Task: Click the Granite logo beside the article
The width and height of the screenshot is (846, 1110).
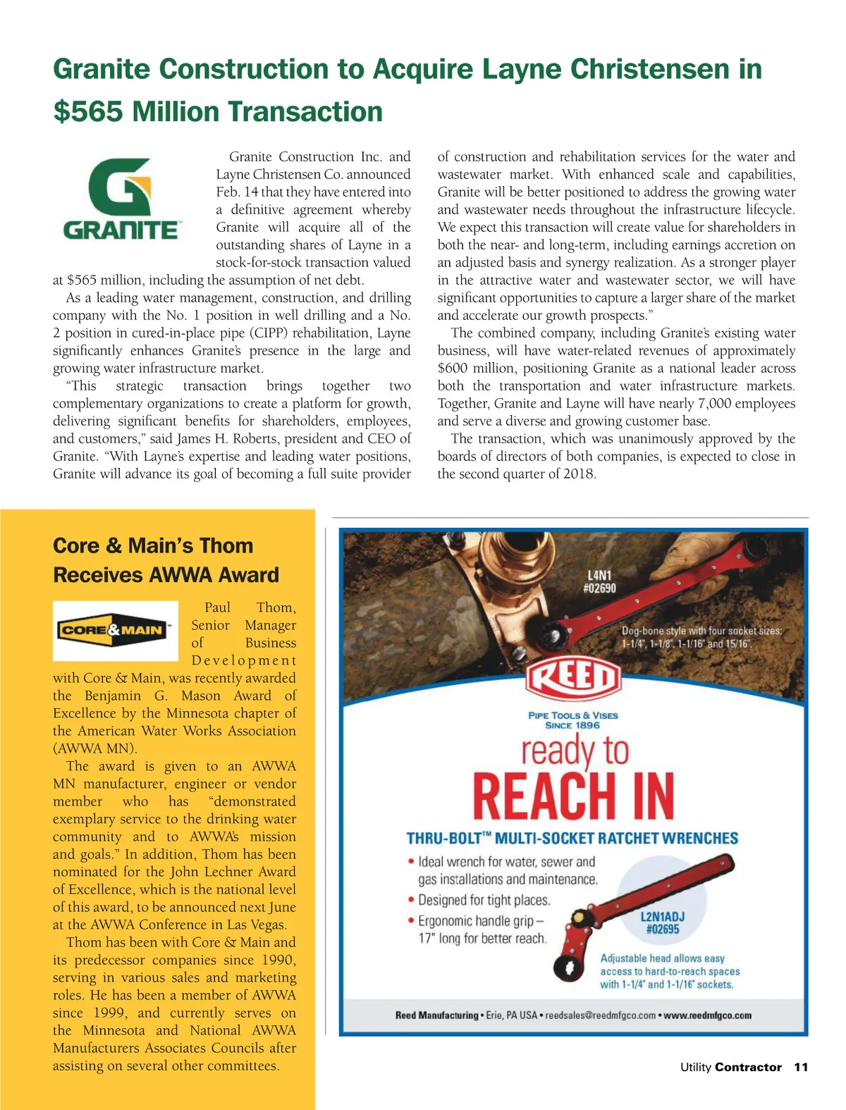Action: point(121,199)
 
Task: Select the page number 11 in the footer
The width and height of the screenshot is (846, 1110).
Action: point(801,1067)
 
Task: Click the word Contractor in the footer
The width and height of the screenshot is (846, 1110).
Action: point(748,1067)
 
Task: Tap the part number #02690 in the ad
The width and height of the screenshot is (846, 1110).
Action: point(599,588)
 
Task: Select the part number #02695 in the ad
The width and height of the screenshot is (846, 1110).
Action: point(663,930)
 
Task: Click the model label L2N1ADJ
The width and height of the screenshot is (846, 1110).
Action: point(663,917)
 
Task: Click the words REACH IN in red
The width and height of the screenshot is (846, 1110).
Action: point(573,796)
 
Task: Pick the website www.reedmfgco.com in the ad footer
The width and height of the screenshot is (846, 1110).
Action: point(707,1016)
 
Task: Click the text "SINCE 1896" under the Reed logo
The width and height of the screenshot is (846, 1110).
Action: point(572,725)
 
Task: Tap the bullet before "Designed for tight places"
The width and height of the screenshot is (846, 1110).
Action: point(411,900)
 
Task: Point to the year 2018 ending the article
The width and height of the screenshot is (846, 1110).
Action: point(578,474)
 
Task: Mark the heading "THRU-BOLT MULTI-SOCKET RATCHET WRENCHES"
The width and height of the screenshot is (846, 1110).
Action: point(572,839)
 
